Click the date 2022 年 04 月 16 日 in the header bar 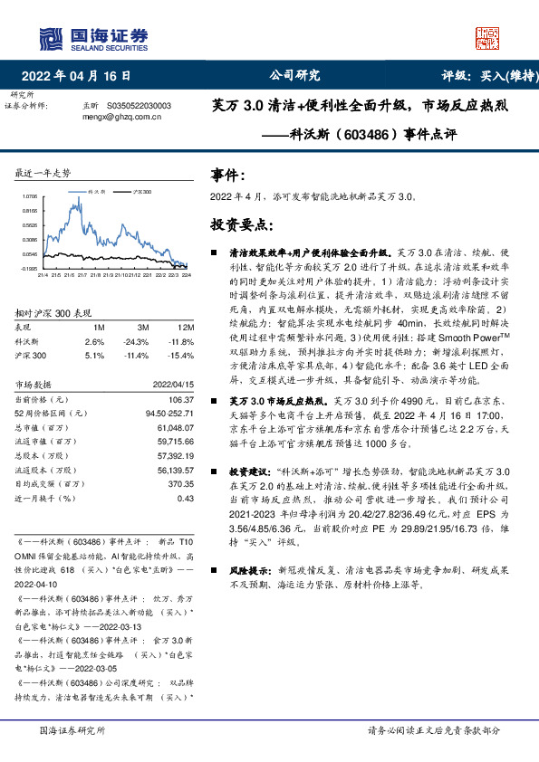[82, 76]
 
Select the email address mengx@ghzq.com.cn [120, 116]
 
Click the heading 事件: [226, 175]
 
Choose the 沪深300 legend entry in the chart [139, 192]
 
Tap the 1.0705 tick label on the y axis [30, 195]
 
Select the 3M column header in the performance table [142, 327]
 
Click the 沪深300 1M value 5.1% [95, 356]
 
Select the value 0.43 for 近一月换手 [186, 497]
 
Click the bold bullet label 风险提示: [248, 572]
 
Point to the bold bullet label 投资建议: [248, 472]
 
